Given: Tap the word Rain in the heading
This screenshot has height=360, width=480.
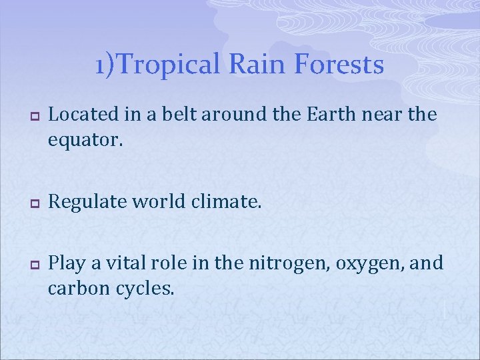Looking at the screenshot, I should (251, 65).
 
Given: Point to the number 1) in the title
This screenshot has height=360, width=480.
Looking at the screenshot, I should (105, 65).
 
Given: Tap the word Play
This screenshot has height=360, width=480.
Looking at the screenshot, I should (67, 263).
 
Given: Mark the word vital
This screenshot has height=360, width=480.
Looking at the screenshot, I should (115, 263).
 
